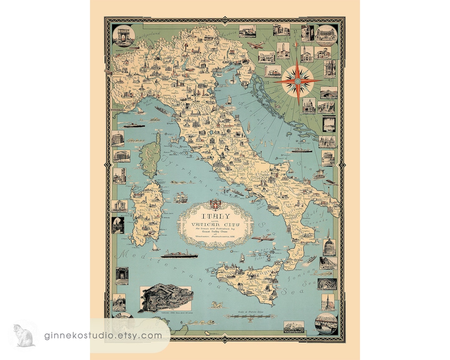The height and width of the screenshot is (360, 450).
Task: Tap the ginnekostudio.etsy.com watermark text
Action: (x=104, y=335)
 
